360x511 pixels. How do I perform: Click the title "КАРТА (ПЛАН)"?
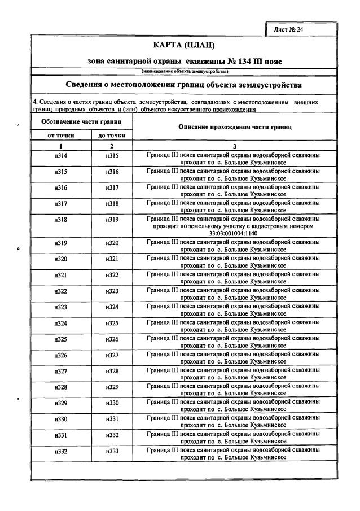(184, 45)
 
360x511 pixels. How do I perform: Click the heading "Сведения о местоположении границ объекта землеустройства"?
(184, 84)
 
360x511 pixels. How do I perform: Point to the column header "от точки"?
(61, 136)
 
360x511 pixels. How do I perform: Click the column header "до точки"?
(112, 136)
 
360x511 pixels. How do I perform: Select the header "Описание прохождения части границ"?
(235, 127)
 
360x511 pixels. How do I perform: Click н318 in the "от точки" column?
(61, 219)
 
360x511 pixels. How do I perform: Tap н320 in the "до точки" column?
(112, 243)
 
